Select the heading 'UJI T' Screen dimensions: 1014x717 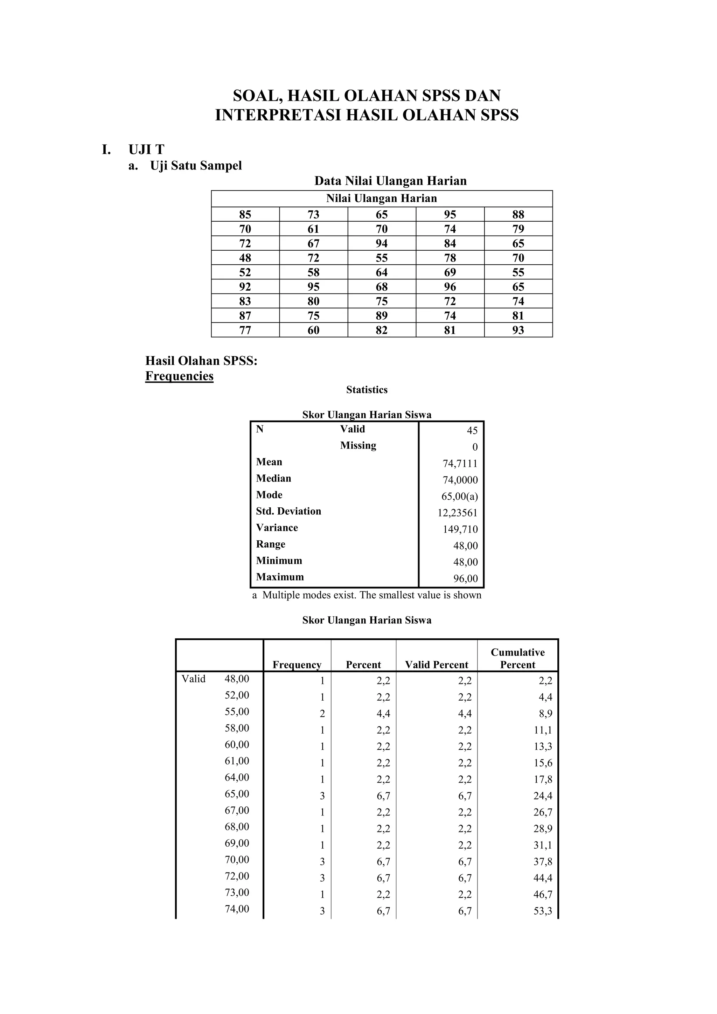[x=146, y=150]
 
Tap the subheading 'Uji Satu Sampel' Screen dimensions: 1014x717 [x=196, y=166]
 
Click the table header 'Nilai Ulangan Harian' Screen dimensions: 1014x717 [x=382, y=198]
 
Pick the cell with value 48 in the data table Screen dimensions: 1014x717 [x=245, y=258]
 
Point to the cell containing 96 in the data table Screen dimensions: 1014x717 [x=450, y=287]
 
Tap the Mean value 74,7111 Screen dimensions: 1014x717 [x=460, y=463]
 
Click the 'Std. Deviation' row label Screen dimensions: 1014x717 [x=288, y=511]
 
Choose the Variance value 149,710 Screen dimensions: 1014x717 [x=460, y=529]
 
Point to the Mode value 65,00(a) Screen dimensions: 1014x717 [x=459, y=496]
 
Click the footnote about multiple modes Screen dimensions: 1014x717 [x=367, y=595]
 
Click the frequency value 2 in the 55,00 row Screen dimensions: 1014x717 [x=322, y=714]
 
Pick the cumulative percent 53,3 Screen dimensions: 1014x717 [x=543, y=911]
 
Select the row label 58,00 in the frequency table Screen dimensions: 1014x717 [x=237, y=728]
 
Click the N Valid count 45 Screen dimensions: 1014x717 [x=472, y=431]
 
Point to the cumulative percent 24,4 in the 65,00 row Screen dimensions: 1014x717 [x=543, y=796]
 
